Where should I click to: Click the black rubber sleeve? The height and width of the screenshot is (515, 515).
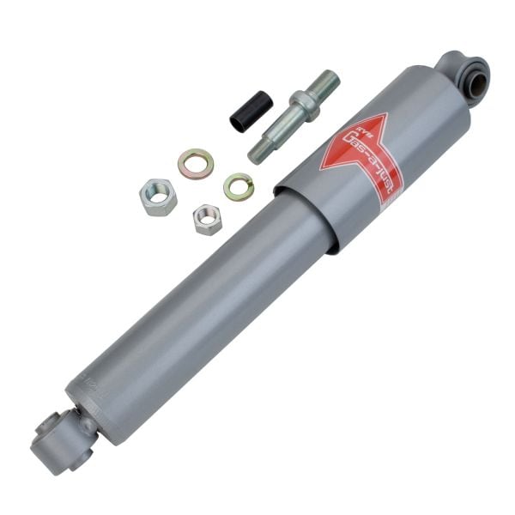(251, 112)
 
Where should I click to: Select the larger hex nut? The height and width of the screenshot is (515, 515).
(158, 196)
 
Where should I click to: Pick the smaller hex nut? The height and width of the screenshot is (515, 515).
(207, 219)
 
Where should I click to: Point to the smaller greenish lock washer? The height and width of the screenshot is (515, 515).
(239, 186)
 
